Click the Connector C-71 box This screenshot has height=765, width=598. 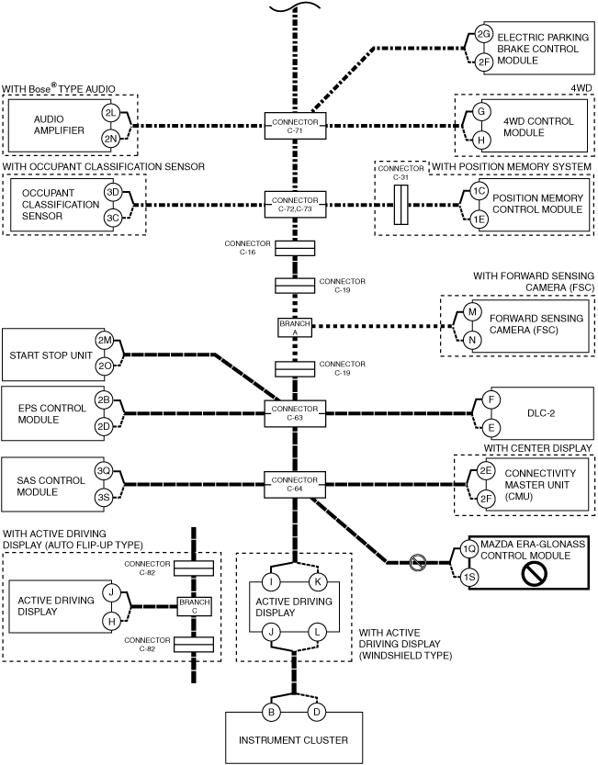click(295, 126)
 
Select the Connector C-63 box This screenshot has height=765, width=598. click(295, 413)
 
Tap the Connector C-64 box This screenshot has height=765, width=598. click(295, 485)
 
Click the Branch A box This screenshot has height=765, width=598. click(295, 327)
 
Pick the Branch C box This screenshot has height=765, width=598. click(195, 606)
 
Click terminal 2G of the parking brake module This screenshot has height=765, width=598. click(483, 34)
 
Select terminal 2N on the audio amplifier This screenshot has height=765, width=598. click(111, 139)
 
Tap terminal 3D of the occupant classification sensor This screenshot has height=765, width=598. click(113, 192)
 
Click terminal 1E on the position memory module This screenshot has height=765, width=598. click(479, 219)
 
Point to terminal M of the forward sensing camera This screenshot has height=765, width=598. click(472, 311)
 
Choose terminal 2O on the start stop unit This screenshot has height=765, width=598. click(105, 366)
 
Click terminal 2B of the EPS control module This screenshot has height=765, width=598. click(104, 400)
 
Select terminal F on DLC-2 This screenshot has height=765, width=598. click(491, 399)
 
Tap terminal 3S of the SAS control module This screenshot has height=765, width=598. click(104, 498)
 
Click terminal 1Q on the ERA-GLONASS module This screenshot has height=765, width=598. click(469, 549)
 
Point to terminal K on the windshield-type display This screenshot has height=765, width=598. click(317, 581)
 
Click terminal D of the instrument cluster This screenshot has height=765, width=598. click(316, 713)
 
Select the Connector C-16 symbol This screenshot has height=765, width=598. click(295, 248)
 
